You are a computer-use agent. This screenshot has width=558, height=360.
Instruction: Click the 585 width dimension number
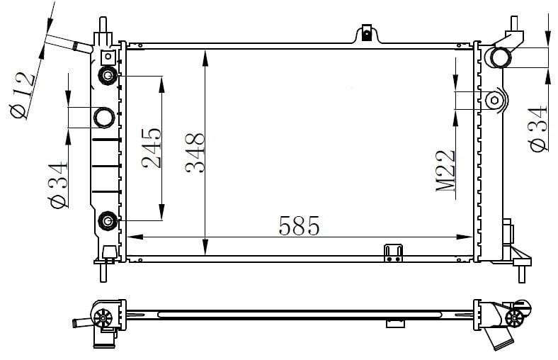[x=300, y=225]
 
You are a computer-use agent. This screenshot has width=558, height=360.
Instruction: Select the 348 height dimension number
[x=195, y=153]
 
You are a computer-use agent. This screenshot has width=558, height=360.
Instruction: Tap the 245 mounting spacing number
[x=152, y=148]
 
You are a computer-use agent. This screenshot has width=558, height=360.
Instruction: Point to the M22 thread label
[x=445, y=171]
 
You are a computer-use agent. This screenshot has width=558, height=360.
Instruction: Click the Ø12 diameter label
[x=23, y=96]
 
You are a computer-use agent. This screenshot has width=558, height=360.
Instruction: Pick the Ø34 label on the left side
[x=58, y=185]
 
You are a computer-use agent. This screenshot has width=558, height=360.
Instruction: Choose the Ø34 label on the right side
[x=538, y=128]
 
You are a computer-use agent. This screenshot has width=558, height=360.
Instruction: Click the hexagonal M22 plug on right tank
[x=494, y=100]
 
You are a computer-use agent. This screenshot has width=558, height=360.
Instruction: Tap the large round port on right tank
[x=500, y=57]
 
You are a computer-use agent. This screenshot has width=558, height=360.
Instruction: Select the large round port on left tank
[x=104, y=117]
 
